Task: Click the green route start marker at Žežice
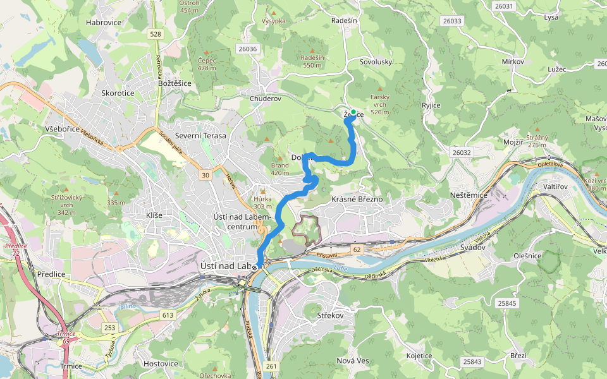tap(353, 112)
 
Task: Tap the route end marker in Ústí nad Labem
tap(255, 268)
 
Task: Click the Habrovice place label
tap(103, 22)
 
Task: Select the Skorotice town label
tap(118, 93)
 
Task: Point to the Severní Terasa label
tap(200, 135)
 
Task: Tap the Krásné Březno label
tap(357, 199)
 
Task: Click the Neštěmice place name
tap(469, 195)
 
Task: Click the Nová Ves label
tap(353, 360)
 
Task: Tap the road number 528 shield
tap(156, 34)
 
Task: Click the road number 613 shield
tap(167, 315)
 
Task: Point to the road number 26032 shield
tap(462, 153)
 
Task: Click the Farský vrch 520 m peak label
tap(380, 104)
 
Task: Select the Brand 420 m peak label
tap(279, 169)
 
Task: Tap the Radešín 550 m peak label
tap(312, 61)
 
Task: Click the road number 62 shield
tap(357, 250)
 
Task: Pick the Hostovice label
tap(161, 364)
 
